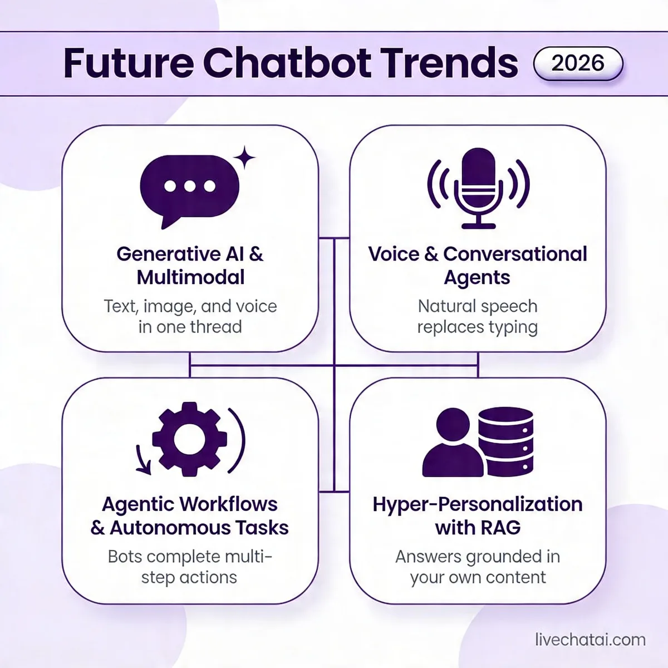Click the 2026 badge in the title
[x=578, y=63]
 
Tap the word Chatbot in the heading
[x=287, y=63]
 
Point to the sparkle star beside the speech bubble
[x=244, y=158]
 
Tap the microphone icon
[x=478, y=187]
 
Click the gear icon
[x=189, y=439]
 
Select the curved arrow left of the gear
[x=143, y=459]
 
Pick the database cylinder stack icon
[x=505, y=441]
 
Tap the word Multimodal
[x=190, y=277]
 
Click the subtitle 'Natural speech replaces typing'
[x=478, y=316]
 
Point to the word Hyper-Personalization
[x=478, y=504]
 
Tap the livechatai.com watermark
[x=590, y=640]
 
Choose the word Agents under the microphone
[x=477, y=278]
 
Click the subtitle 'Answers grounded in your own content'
[x=478, y=567]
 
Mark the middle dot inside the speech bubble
[x=189, y=186]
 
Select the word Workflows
[x=235, y=504]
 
